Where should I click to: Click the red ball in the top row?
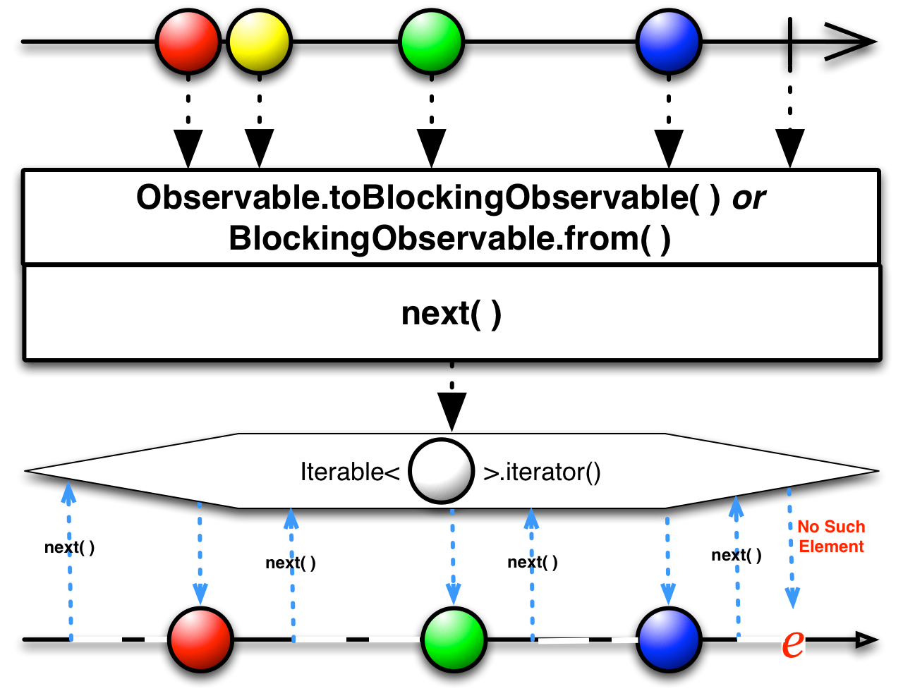click(188, 42)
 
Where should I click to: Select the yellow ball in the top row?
click(260, 42)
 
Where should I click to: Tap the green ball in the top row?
click(431, 42)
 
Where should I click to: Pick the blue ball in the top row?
click(669, 42)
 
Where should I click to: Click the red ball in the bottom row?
click(201, 640)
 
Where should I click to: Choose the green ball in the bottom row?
click(454, 640)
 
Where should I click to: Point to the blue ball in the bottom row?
click(669, 640)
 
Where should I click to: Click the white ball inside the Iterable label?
click(442, 470)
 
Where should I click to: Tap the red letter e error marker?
click(793, 641)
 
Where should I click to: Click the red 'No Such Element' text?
click(831, 537)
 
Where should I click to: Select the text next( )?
click(451, 313)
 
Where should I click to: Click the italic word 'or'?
click(749, 198)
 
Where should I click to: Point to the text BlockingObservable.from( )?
click(450, 238)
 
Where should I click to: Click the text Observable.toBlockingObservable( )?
click(428, 198)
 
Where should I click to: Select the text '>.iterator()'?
click(542, 471)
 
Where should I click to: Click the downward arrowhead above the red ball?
click(200, 593)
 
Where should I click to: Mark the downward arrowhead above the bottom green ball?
click(452, 593)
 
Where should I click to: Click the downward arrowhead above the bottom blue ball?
click(667, 593)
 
